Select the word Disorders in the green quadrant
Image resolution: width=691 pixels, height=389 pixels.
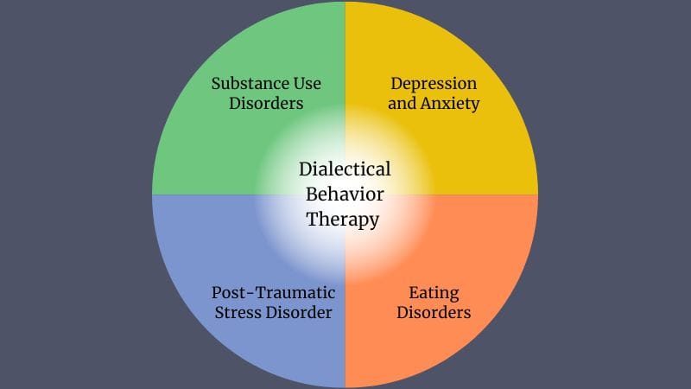point(267,104)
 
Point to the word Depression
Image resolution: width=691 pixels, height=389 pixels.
point(434,84)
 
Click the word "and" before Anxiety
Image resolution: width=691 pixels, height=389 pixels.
point(403,104)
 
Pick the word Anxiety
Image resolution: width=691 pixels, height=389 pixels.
point(450,104)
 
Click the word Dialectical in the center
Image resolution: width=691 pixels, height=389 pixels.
point(345,169)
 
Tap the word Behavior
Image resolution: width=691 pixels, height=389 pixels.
point(345,194)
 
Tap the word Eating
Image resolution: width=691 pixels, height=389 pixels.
point(434,292)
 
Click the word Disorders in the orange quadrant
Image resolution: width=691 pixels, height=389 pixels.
point(434,312)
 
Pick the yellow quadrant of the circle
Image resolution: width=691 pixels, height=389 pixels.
point(484,147)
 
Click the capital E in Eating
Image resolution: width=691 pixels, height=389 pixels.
point(412,292)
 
